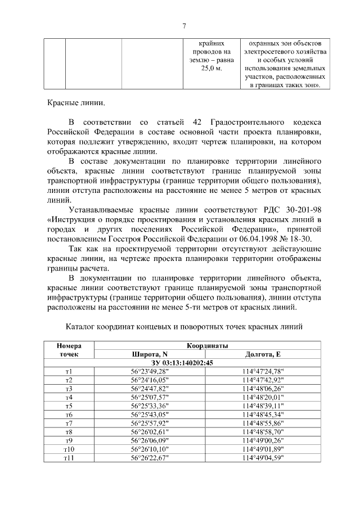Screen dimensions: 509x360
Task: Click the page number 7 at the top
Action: point(184,24)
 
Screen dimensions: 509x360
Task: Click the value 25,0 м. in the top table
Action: point(204,68)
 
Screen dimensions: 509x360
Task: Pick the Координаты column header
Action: point(207,345)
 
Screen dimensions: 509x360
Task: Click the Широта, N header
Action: point(149,354)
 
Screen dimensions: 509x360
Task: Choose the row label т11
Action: point(69,458)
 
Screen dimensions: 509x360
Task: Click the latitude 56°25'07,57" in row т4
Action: point(149,398)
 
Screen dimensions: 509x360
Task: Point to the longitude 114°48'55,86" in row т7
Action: point(263,424)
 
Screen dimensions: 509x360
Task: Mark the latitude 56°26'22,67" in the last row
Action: point(149,458)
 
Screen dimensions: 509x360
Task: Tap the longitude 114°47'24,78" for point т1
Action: point(263,372)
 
